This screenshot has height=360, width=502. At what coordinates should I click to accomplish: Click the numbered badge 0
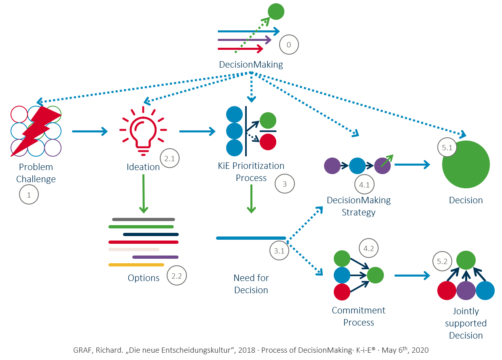(289, 45)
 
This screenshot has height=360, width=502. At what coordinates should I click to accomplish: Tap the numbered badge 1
(29, 195)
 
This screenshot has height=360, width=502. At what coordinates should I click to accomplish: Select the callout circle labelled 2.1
(170, 159)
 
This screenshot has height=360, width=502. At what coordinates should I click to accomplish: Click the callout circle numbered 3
(285, 184)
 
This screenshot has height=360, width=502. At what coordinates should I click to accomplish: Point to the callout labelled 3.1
(279, 251)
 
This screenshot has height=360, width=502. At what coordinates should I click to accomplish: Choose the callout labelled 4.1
(364, 185)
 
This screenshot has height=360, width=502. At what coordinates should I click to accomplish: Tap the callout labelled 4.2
(369, 249)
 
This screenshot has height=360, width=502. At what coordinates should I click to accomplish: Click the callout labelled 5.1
(447, 148)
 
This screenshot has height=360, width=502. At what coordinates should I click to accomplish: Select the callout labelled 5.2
(442, 262)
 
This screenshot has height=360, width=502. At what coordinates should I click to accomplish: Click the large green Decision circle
(466, 165)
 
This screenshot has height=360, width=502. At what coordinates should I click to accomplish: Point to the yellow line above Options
(136, 265)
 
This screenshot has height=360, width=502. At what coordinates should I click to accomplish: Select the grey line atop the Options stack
(143, 219)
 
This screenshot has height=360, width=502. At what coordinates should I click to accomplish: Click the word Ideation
(143, 167)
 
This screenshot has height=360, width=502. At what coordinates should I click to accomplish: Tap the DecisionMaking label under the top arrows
(251, 64)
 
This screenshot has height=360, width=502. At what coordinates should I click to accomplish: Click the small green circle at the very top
(276, 11)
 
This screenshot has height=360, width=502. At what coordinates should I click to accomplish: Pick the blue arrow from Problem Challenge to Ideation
(90, 131)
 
